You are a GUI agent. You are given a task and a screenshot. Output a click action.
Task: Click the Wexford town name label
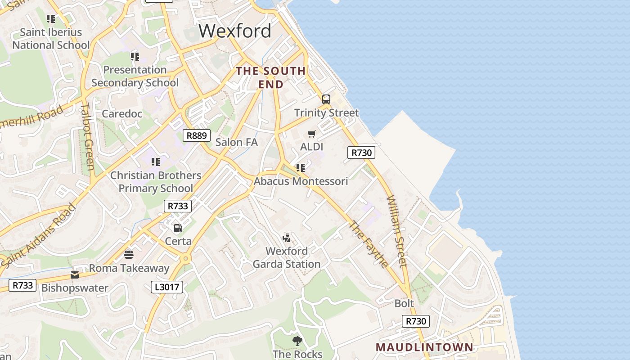coord(235,31)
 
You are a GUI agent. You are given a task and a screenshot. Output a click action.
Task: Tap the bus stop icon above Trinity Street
coord(326,99)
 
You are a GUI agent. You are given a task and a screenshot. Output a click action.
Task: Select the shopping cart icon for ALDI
coord(311,134)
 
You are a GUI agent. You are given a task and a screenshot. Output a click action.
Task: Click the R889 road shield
coord(197,135)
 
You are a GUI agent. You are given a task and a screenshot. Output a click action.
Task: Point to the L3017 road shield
coord(167,287)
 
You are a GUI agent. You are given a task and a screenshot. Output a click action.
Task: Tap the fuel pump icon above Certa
coord(178,228)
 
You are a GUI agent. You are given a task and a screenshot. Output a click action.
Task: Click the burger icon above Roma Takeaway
coord(129,255)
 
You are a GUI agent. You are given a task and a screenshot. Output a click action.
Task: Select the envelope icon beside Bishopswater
coord(75,275)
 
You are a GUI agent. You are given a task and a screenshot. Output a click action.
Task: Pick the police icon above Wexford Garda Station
coord(286,238)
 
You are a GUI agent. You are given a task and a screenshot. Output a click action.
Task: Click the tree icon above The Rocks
coord(297,341)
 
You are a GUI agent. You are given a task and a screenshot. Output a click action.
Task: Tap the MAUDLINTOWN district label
coord(424,347)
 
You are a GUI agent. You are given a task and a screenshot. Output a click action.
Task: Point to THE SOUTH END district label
coord(271,77)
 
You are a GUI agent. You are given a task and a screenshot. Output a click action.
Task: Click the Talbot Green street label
coord(87,137)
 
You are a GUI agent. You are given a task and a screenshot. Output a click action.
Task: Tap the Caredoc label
coord(122,113)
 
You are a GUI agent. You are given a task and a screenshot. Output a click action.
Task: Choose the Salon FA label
coord(236,142)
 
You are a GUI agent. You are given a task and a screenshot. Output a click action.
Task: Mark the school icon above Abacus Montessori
coord(301,168)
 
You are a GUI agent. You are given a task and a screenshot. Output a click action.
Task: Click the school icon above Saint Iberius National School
coord(51,19)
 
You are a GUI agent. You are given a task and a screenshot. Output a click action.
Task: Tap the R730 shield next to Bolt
coord(415,321)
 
